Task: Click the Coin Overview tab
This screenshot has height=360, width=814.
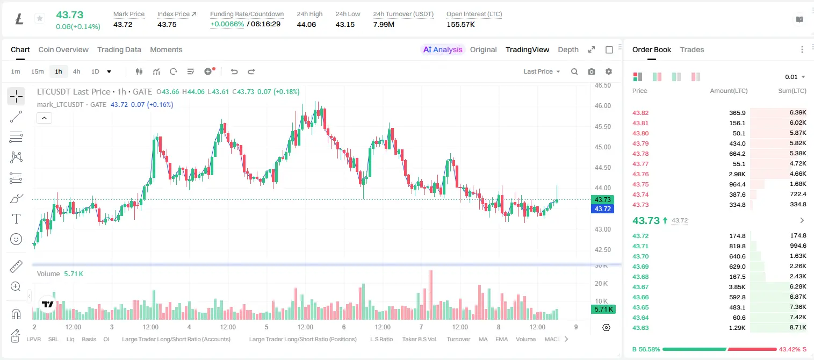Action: (63, 49)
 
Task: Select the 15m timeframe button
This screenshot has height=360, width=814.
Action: (37, 71)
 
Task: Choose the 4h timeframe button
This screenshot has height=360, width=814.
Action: (76, 71)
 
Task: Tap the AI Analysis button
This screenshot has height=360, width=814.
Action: (443, 49)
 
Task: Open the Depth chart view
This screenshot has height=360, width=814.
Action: (568, 49)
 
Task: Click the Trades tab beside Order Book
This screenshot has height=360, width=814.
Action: (692, 49)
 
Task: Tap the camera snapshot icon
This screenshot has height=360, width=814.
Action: (592, 71)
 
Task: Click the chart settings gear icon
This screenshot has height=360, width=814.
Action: (609, 71)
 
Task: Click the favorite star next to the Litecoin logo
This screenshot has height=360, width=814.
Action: (40, 18)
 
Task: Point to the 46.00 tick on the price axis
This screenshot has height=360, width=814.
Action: (602, 106)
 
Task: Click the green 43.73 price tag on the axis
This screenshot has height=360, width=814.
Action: (602, 199)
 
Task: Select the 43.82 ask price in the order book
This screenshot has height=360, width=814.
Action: (640, 113)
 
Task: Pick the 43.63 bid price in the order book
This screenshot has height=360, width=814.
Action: (640, 328)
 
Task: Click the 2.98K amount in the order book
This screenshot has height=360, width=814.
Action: (737, 174)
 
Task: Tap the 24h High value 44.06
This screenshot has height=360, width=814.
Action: (306, 24)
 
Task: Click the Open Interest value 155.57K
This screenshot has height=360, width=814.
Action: (460, 24)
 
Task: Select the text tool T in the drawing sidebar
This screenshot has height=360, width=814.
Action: (16, 219)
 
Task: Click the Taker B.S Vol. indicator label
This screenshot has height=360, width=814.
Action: (419, 339)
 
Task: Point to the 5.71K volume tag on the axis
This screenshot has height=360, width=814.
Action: (603, 309)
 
